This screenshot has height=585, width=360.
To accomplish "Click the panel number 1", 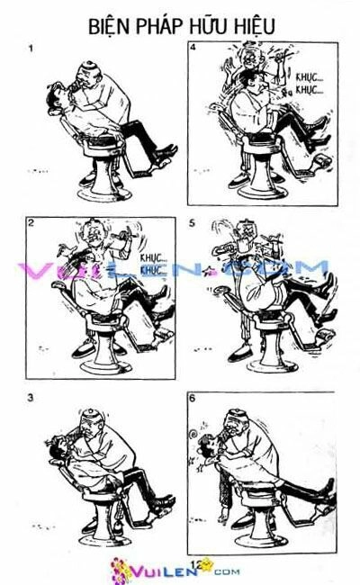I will (31, 49).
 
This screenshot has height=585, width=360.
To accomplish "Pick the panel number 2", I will (30, 227).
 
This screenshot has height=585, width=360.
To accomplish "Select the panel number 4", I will (193, 48).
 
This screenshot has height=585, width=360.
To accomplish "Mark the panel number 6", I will (193, 397).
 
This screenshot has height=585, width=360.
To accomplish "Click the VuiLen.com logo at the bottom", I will (162, 570).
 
